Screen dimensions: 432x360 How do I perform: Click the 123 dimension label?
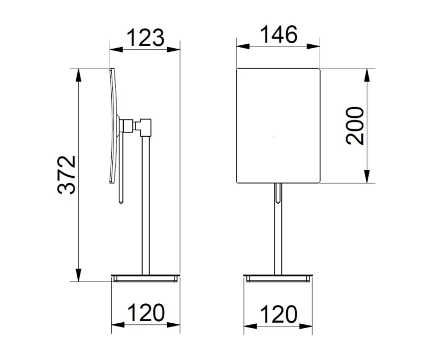[x=145, y=37]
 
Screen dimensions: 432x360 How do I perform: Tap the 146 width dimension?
[x=279, y=35]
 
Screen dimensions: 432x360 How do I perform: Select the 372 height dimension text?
[x=66, y=175]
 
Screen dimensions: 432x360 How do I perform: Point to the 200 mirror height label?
[x=355, y=126]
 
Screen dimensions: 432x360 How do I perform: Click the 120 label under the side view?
[x=146, y=313]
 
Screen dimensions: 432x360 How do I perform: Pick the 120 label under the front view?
[x=279, y=314]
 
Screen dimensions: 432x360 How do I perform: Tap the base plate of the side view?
[x=145, y=278]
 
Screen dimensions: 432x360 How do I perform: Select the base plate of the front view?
[x=278, y=278]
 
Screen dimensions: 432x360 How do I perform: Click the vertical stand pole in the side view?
[x=145, y=205]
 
